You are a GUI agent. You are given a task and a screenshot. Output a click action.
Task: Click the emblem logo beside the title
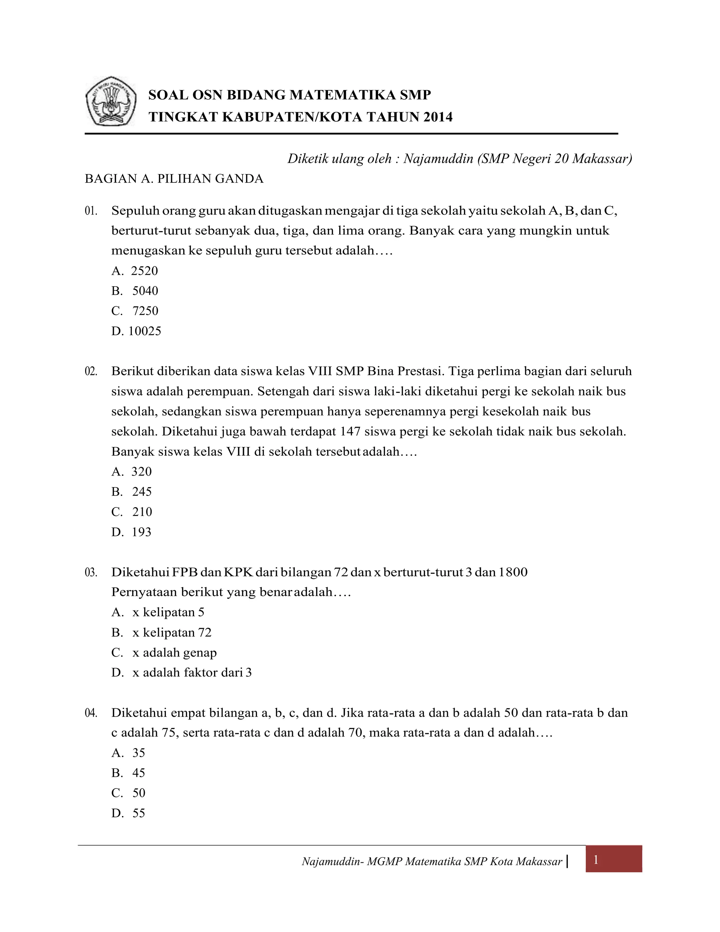[x=111, y=101]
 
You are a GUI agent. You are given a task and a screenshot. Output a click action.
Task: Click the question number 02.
[x=91, y=371]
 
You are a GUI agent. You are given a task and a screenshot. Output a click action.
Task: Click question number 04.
[x=91, y=713]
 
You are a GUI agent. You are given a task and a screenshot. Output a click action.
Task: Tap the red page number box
[x=613, y=860]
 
